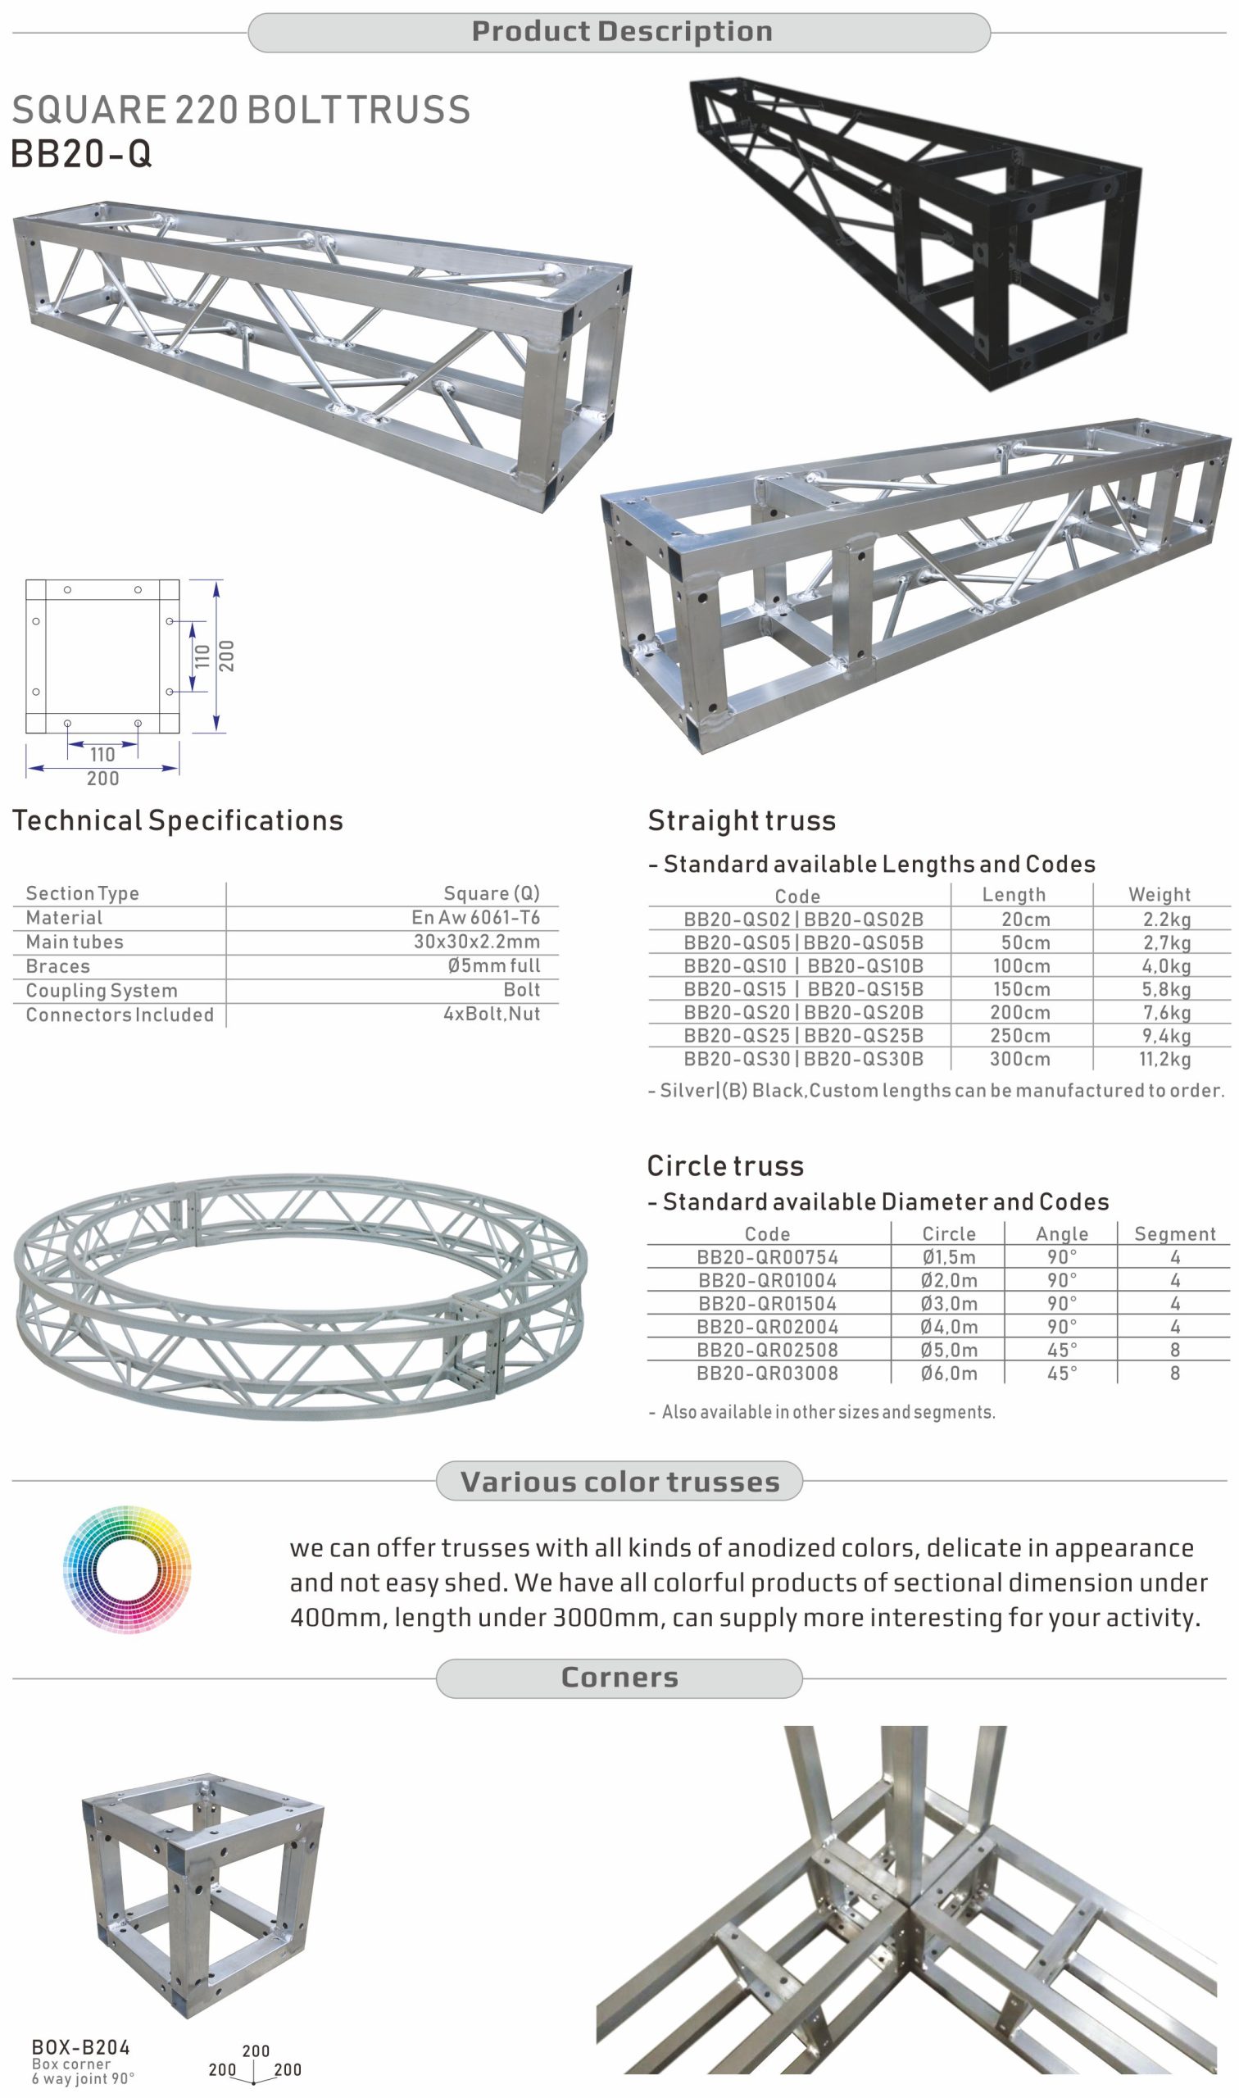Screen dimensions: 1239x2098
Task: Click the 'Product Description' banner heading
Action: [622, 32]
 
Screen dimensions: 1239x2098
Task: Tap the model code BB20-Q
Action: [81, 153]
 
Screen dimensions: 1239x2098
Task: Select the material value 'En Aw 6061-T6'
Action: [476, 918]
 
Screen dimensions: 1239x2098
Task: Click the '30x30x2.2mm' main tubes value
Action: [477, 942]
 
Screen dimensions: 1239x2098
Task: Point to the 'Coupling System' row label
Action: [102, 990]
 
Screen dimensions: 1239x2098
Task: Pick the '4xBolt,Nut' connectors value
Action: [492, 1015]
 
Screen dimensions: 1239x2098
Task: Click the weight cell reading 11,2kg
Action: [1164, 1060]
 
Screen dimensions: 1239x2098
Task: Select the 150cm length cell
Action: [1020, 989]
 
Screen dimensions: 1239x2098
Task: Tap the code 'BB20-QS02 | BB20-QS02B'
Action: [803, 920]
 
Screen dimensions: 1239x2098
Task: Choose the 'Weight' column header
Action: [1160, 894]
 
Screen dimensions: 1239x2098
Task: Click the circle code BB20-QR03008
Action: [767, 1374]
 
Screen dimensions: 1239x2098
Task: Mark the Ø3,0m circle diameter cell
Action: [948, 1303]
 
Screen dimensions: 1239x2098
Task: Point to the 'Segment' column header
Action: [1175, 1234]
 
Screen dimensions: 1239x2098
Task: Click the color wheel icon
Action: [127, 1570]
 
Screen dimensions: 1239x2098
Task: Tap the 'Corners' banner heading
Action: [619, 1678]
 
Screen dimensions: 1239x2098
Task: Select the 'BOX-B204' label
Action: [81, 2047]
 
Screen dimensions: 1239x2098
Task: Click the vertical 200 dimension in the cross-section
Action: [226, 656]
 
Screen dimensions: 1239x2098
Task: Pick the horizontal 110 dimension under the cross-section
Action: [102, 755]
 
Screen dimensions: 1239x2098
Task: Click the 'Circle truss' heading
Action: [725, 1165]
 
